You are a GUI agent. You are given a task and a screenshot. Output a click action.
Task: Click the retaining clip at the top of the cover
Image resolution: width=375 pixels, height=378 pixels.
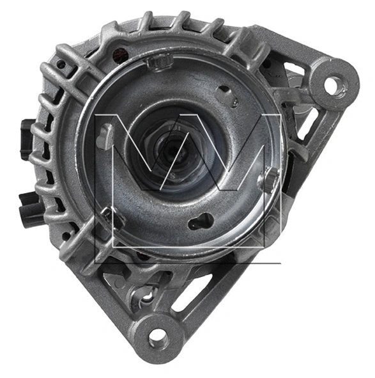(x=158, y=62)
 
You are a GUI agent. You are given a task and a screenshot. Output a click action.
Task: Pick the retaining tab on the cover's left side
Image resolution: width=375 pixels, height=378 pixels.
(x=106, y=136)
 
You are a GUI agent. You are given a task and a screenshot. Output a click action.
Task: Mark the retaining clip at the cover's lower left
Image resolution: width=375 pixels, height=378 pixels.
(x=112, y=217)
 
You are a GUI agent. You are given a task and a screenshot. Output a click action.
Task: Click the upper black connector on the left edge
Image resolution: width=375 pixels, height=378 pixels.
(x=26, y=138)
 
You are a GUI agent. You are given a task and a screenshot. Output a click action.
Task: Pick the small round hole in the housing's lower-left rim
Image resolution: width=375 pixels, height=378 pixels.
(x=66, y=235)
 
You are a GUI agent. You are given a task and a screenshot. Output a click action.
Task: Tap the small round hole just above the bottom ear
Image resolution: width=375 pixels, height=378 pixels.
(x=148, y=296)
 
